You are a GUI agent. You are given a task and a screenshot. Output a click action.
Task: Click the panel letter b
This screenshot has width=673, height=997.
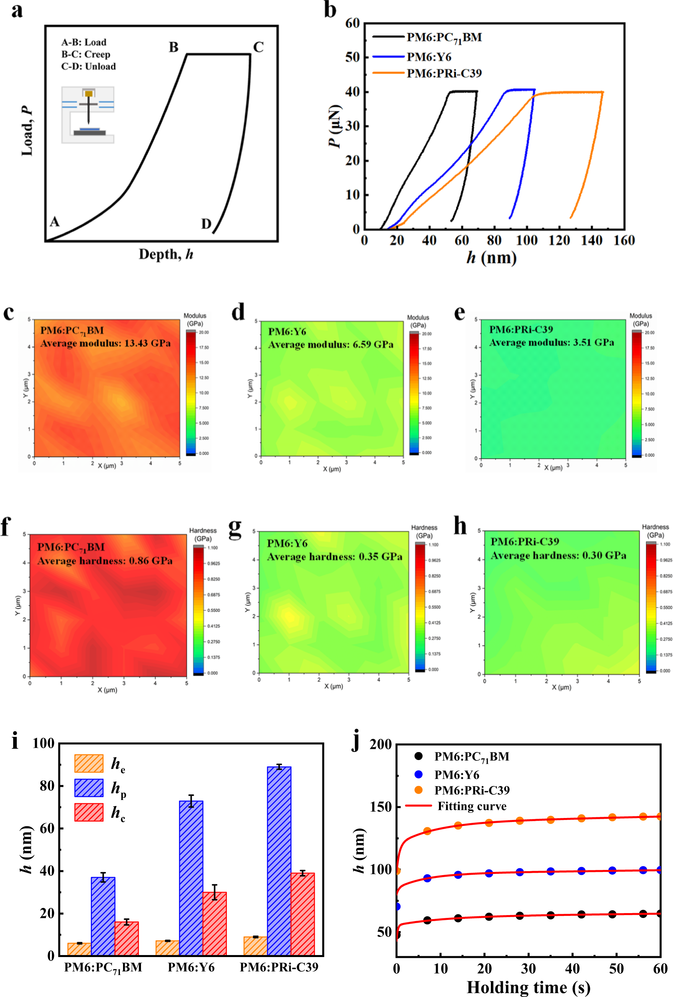(x=330, y=10)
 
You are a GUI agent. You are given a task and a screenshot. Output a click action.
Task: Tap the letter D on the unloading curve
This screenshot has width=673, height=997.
(x=206, y=224)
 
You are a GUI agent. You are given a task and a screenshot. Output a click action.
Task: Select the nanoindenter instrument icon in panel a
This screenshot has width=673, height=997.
(x=88, y=115)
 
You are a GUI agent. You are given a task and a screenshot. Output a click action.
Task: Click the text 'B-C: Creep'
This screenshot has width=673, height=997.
(x=86, y=54)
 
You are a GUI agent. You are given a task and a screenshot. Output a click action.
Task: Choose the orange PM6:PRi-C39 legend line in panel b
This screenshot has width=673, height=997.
(x=388, y=74)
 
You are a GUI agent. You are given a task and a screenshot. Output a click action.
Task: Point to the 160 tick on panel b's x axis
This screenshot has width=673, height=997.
(x=624, y=241)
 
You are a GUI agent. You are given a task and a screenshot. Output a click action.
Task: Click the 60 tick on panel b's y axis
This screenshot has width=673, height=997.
(x=352, y=23)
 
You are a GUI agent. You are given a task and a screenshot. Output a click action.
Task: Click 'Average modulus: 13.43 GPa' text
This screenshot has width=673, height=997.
(x=105, y=343)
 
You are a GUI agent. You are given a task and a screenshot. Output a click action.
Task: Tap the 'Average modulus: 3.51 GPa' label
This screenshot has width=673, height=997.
(x=551, y=342)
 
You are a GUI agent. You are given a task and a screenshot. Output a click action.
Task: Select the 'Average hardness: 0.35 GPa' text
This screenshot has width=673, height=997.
(x=334, y=557)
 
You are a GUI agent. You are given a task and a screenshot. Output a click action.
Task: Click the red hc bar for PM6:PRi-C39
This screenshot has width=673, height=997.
(x=303, y=914)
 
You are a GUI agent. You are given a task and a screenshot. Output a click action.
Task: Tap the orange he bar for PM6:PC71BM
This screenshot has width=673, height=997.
(x=79, y=949)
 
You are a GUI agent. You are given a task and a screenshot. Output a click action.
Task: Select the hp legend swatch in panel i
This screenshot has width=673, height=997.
(x=89, y=788)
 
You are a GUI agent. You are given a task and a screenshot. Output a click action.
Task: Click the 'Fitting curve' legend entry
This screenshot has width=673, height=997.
(x=472, y=806)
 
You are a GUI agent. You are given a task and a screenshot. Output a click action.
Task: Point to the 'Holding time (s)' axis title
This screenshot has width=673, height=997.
(x=528, y=987)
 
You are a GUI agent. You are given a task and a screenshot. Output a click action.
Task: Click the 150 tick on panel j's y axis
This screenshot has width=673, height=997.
(x=380, y=806)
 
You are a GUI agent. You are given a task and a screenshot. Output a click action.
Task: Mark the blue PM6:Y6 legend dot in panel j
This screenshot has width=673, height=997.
(x=418, y=774)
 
